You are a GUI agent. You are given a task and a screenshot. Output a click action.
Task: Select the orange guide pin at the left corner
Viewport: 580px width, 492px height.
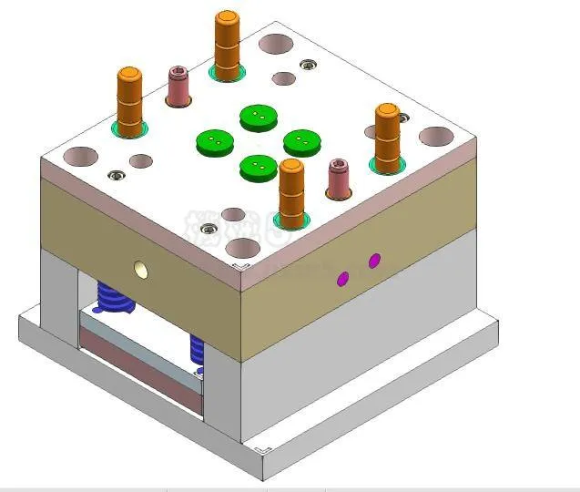pyautogui.click(x=130, y=101)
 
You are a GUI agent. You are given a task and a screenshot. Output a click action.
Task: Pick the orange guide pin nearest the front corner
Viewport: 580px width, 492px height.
pyautogui.click(x=291, y=192)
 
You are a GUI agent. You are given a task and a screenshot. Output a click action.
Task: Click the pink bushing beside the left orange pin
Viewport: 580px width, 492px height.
pyautogui.click(x=178, y=86)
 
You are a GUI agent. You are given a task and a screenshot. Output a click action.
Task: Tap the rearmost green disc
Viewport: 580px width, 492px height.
pyautogui.click(x=259, y=118)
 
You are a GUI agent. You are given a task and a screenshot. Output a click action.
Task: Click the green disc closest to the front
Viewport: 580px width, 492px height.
pyautogui.click(x=259, y=167)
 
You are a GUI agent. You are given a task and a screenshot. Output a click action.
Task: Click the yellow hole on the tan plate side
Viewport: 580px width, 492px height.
pyautogui.click(x=140, y=269)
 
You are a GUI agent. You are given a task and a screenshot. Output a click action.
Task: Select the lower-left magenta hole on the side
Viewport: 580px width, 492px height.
pyautogui.click(x=343, y=278)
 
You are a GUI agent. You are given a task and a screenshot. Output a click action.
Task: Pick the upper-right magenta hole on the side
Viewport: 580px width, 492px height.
pyautogui.click(x=374, y=261)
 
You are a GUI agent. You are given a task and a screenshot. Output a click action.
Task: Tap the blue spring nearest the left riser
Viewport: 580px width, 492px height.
pyautogui.click(x=114, y=297)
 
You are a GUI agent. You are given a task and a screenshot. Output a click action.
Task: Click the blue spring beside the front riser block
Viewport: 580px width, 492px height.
pyautogui.click(x=197, y=348)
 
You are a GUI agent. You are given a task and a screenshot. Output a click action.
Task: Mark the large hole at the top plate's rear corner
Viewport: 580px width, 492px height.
pyautogui.click(x=275, y=43)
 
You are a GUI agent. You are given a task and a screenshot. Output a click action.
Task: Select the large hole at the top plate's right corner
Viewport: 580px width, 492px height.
pyautogui.click(x=436, y=137)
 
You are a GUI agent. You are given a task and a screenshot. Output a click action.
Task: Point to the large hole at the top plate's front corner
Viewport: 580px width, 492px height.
pyautogui.click(x=243, y=247)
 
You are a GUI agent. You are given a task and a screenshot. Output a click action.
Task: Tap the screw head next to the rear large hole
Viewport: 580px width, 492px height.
pyautogui.click(x=308, y=64)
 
